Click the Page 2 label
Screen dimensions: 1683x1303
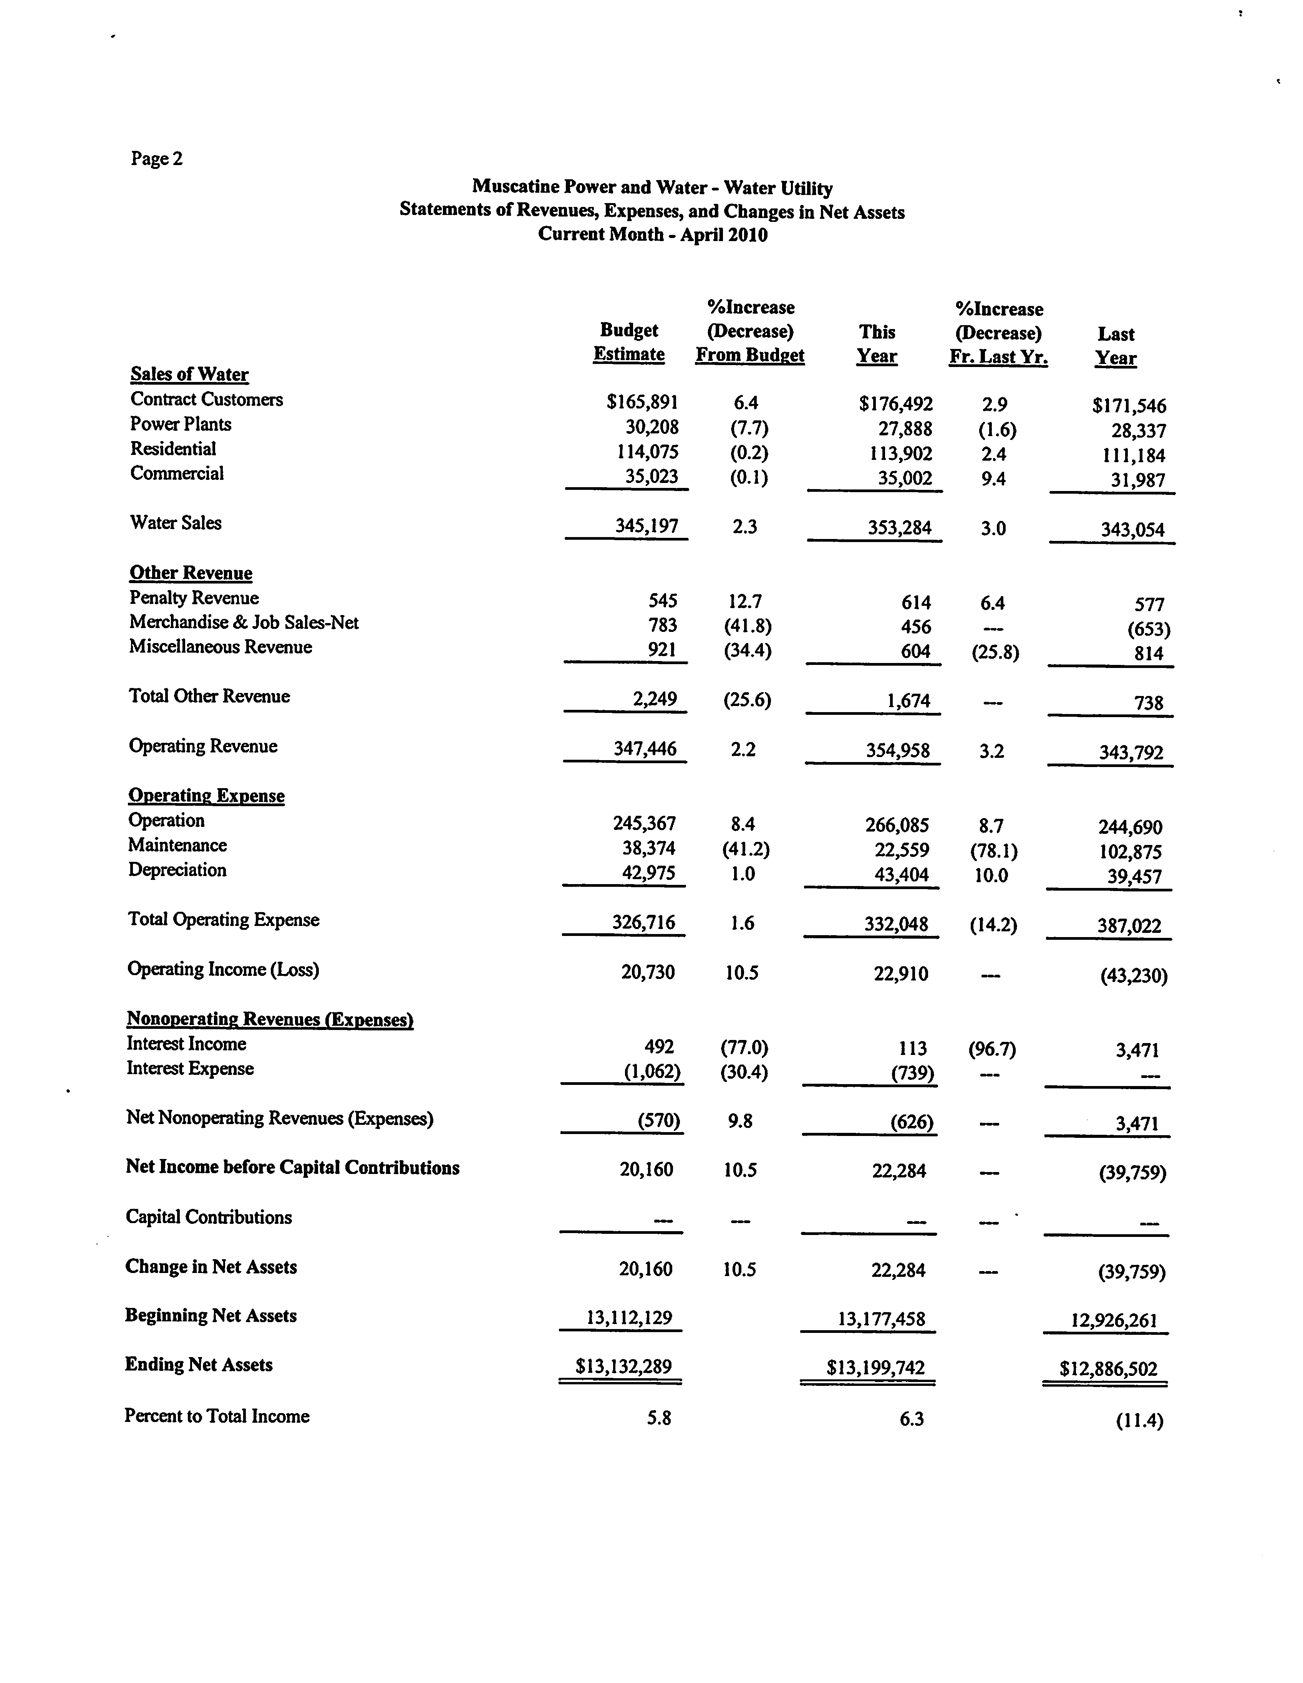156,159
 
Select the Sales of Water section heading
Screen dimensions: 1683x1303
189,375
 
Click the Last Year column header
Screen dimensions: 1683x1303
1116,346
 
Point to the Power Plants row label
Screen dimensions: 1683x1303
181,424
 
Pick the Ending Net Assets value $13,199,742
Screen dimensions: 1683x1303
875,1368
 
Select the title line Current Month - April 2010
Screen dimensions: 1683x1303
652,234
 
